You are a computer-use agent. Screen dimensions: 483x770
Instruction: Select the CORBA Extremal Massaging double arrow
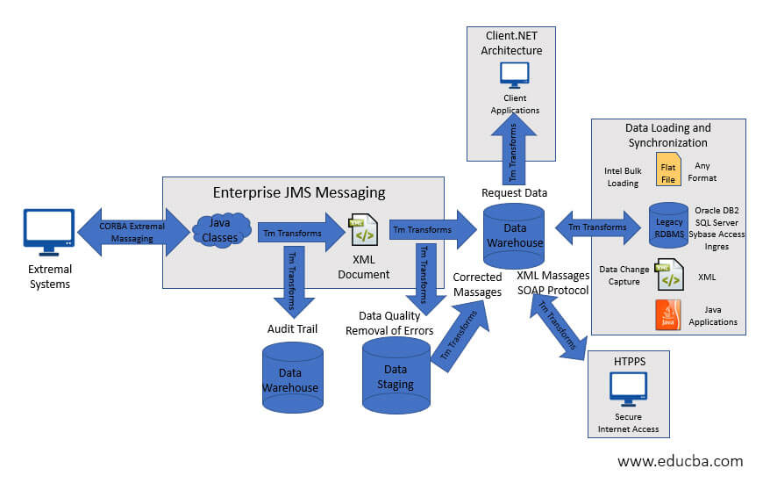(x=132, y=232)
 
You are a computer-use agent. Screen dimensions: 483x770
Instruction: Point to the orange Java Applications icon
(x=668, y=315)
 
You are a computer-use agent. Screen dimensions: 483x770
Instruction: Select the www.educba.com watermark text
(x=680, y=461)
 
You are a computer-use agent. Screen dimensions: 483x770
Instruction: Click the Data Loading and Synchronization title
(x=667, y=135)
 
